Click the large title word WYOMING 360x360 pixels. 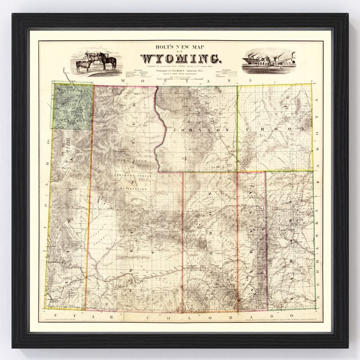pos(181,59)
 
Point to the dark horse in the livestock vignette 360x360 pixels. pos(108,61)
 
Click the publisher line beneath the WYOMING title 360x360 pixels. pos(180,70)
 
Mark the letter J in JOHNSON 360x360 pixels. pos(172,130)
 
